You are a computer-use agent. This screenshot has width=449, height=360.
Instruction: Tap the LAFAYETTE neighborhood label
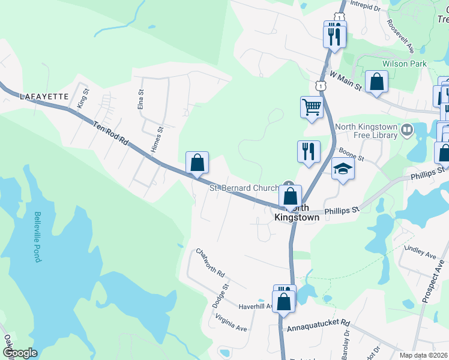(x=41, y=96)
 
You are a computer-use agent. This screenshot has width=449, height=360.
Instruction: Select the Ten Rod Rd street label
(x=111, y=133)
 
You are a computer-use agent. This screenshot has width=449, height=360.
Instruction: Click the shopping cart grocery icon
(x=312, y=107)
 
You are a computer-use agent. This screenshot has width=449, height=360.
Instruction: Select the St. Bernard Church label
(x=244, y=188)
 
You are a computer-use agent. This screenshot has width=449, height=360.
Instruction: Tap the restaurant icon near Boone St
(x=309, y=151)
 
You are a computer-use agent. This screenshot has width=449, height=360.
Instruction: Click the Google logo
(x=20, y=353)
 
